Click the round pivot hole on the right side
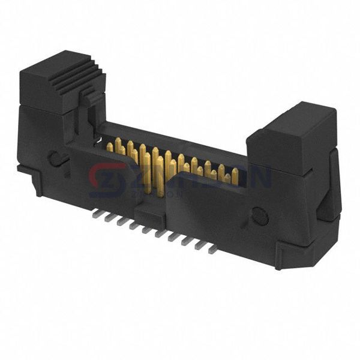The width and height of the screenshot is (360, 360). click(260, 215)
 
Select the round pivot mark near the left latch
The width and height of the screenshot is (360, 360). click(55, 159)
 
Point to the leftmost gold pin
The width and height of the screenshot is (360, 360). click(110, 146)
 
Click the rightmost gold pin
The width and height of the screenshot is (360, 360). click(235, 176)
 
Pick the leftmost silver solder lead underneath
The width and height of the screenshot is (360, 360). click(97, 214)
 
